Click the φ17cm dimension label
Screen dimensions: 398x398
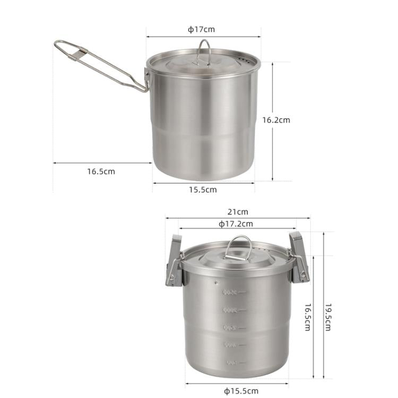click(x=201, y=30)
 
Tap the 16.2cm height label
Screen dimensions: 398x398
click(x=276, y=120)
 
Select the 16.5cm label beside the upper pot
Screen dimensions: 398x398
click(x=101, y=171)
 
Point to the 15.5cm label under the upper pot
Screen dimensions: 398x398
click(x=203, y=189)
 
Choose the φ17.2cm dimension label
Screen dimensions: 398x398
click(x=236, y=224)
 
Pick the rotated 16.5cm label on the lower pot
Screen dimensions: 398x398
click(x=307, y=317)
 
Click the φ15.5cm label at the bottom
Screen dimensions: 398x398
click(x=241, y=391)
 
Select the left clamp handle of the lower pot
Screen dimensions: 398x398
click(x=174, y=260)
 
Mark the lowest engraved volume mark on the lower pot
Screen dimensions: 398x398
click(x=231, y=362)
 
